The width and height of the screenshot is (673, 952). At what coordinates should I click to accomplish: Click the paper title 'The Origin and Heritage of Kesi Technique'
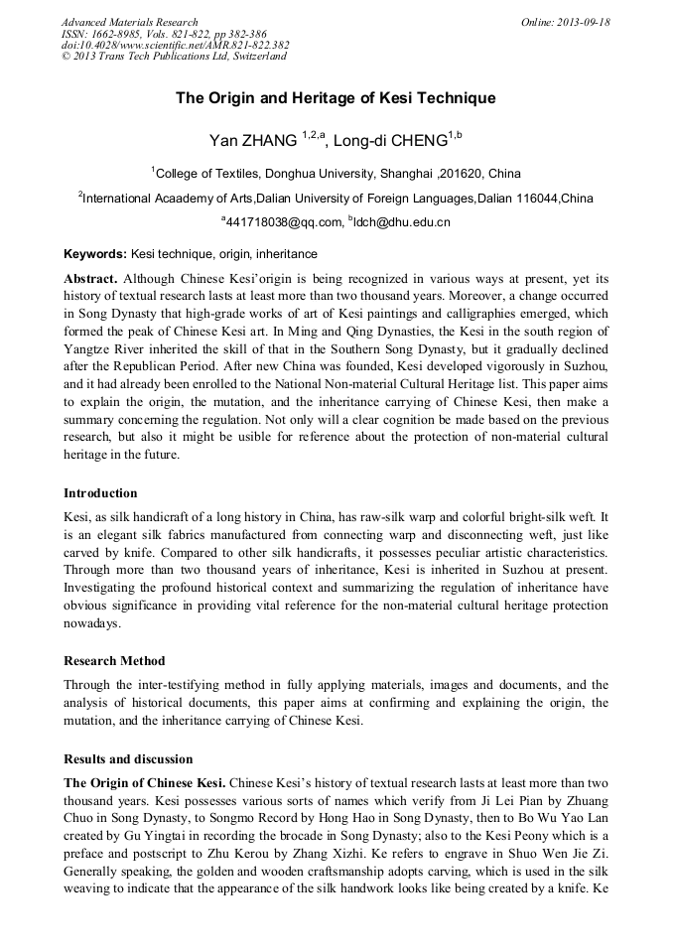pyautogui.click(x=336, y=98)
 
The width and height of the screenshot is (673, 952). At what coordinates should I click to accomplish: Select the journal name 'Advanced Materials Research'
pyautogui.click(x=129, y=22)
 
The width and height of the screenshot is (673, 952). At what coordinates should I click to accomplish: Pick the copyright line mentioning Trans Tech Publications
pyautogui.click(x=174, y=57)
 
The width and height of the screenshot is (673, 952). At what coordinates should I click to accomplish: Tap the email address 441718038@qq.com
pyautogui.click(x=285, y=222)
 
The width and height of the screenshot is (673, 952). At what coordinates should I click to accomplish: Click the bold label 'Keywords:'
pyautogui.click(x=95, y=254)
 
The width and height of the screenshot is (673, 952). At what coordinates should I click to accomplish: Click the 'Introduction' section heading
pyautogui.click(x=100, y=493)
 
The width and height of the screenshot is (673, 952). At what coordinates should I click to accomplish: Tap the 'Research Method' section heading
pyautogui.click(x=114, y=660)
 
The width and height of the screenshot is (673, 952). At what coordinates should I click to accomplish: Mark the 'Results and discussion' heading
pyautogui.click(x=128, y=758)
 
